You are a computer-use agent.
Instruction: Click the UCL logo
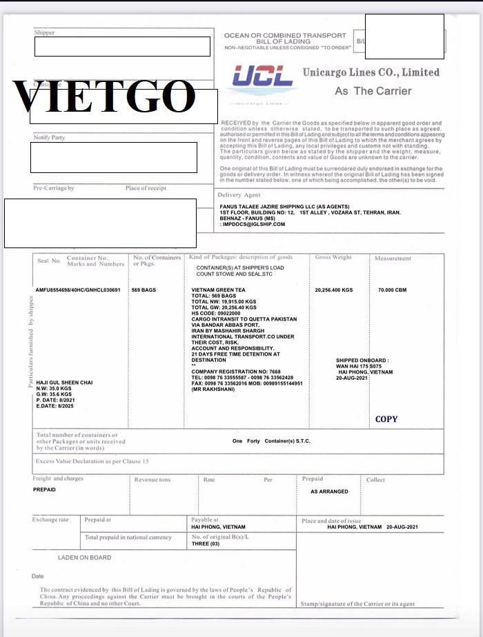263,76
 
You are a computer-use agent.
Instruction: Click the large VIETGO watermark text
103,97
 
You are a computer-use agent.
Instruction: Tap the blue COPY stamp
386,419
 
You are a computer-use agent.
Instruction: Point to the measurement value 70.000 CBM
392,290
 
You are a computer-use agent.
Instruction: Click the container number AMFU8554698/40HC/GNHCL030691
79,290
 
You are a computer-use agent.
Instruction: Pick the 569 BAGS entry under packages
144,290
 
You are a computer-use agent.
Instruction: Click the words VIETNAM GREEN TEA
217,290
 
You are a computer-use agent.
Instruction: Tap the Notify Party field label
49,137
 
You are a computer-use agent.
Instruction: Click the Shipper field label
44,32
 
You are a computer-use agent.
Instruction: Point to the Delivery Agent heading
239,195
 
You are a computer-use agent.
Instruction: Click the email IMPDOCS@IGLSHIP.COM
253,224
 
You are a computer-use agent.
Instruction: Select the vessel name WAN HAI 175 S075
361,366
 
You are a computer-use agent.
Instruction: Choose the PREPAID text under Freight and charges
45,489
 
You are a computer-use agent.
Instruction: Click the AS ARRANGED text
329,492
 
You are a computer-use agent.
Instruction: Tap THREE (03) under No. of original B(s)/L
206,544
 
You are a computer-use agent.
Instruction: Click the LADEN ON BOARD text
84,557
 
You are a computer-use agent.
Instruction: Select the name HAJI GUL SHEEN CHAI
64,383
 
